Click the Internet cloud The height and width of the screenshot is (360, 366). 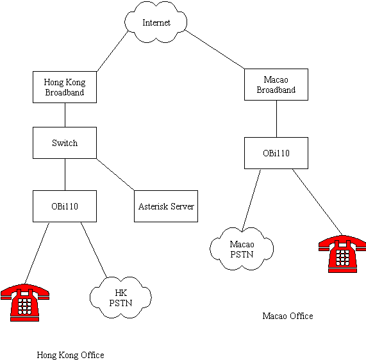pos(156,22)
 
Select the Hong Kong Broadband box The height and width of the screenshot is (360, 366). pos(65,87)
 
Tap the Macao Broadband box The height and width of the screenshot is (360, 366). pos(276,85)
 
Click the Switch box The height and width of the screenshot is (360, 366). pos(65,143)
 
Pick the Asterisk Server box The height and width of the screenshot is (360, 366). pos(166,206)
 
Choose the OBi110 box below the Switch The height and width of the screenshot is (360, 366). pos(65,206)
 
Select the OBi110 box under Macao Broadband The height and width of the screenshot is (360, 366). pos(276,153)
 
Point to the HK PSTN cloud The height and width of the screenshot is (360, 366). pos(121,298)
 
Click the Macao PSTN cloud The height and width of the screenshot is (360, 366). pos(242,249)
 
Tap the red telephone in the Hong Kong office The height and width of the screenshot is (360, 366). pos(25,303)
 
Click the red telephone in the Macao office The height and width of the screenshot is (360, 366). pos(342,254)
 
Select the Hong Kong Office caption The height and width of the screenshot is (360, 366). pos(71,355)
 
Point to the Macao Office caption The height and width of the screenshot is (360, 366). pos(288,316)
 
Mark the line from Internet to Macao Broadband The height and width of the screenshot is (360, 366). pos(215,49)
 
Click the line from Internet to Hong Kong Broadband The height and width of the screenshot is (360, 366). pos(113,51)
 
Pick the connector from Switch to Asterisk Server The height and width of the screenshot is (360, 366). pos(115,174)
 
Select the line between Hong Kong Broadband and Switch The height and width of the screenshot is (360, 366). pos(65,115)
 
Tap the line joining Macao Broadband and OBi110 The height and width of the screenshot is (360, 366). pos(277,119)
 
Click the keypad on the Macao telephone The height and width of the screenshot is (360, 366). pos(342,258)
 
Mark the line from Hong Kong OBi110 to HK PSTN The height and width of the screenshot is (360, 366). pos(94,250)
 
